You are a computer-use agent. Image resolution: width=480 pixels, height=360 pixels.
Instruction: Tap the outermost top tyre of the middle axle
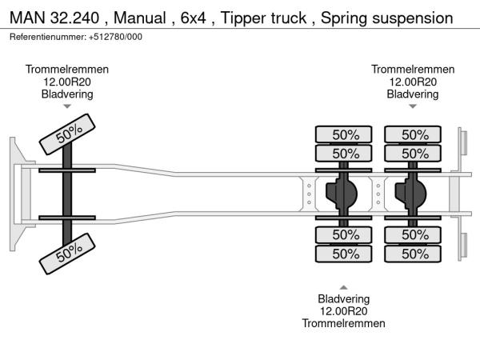tap(344, 134)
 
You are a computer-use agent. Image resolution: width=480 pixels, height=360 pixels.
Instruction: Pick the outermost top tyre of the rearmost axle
tap(414, 134)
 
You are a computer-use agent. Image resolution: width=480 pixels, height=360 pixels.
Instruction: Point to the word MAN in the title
tap(26, 17)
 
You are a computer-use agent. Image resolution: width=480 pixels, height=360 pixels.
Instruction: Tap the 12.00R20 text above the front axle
tap(67, 82)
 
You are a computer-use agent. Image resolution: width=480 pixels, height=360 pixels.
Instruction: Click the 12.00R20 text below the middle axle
tap(343, 311)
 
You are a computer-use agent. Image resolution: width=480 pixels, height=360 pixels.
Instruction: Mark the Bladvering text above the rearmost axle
tap(413, 94)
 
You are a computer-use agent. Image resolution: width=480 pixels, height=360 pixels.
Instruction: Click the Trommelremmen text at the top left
tap(67, 70)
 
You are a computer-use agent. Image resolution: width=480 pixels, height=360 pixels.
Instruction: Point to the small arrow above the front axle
tap(67, 106)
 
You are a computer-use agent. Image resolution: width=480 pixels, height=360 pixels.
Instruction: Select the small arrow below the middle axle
tap(343, 287)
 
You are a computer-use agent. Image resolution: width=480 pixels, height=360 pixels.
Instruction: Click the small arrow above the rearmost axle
tap(413, 106)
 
